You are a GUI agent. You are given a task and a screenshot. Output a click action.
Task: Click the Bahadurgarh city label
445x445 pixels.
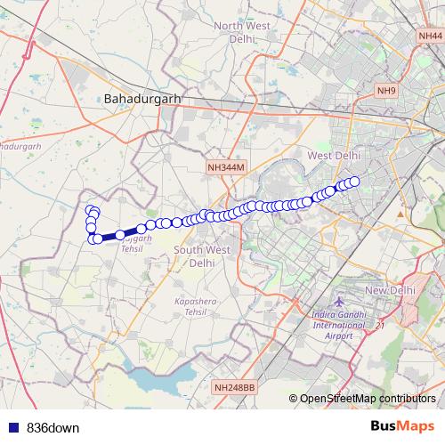click(142, 98)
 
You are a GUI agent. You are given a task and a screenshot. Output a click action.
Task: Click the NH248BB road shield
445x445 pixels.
click(234, 387)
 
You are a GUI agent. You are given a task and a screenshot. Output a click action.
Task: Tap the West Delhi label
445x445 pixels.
click(334, 155)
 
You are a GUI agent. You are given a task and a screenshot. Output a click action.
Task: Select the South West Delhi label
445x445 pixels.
click(202, 256)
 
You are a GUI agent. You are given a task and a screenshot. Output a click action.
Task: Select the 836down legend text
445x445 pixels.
click(53, 427)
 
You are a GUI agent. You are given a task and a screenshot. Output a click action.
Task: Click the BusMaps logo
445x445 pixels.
click(401, 426)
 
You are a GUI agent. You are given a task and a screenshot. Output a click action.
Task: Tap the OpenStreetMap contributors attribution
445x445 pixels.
click(368, 399)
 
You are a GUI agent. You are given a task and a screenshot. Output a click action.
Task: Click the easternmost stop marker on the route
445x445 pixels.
click(353, 182)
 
